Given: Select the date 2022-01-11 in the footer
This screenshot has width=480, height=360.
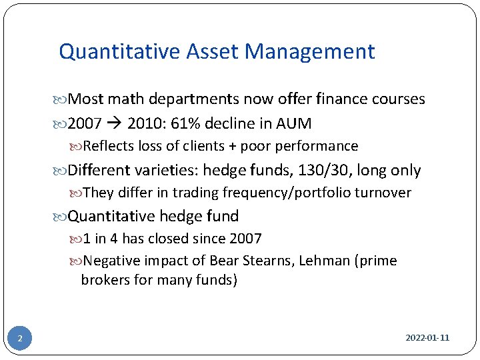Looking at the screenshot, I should (x=427, y=338).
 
